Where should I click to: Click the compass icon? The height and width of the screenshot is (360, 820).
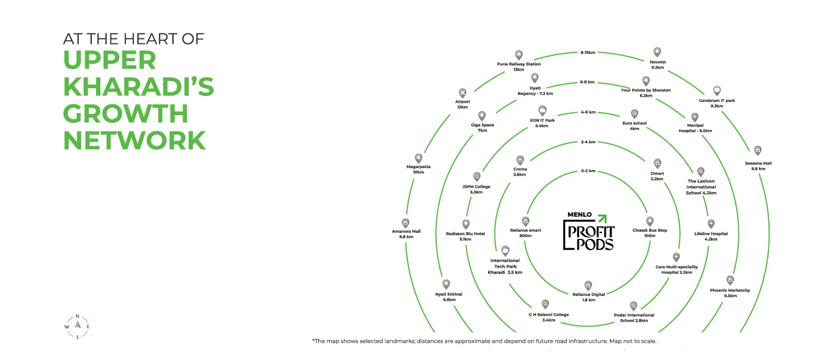click(x=77, y=326)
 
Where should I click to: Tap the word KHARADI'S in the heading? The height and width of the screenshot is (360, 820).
click(x=139, y=86)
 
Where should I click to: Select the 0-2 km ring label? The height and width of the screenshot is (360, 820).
click(x=588, y=171)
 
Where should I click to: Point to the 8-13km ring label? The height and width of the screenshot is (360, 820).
click(x=588, y=53)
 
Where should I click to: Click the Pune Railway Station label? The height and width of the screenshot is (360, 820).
click(x=519, y=67)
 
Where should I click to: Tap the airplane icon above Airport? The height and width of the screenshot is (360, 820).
click(x=462, y=92)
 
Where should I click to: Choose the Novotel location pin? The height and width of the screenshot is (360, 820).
click(x=657, y=52)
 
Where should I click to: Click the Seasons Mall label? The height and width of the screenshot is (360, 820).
click(x=758, y=166)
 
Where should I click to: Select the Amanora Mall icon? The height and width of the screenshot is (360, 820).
click(x=406, y=223)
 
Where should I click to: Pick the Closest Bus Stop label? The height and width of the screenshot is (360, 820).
click(x=650, y=233)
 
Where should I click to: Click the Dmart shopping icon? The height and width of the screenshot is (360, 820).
click(x=657, y=163)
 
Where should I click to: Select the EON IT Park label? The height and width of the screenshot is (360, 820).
click(x=542, y=123)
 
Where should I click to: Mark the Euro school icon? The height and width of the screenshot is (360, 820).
click(x=635, y=113)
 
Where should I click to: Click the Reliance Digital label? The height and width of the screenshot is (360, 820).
click(x=588, y=297)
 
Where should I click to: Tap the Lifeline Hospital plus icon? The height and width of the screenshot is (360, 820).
click(x=711, y=223)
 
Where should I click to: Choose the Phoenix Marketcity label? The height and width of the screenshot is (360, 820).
click(x=730, y=293)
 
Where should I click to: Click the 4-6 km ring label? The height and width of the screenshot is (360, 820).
click(x=588, y=112)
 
